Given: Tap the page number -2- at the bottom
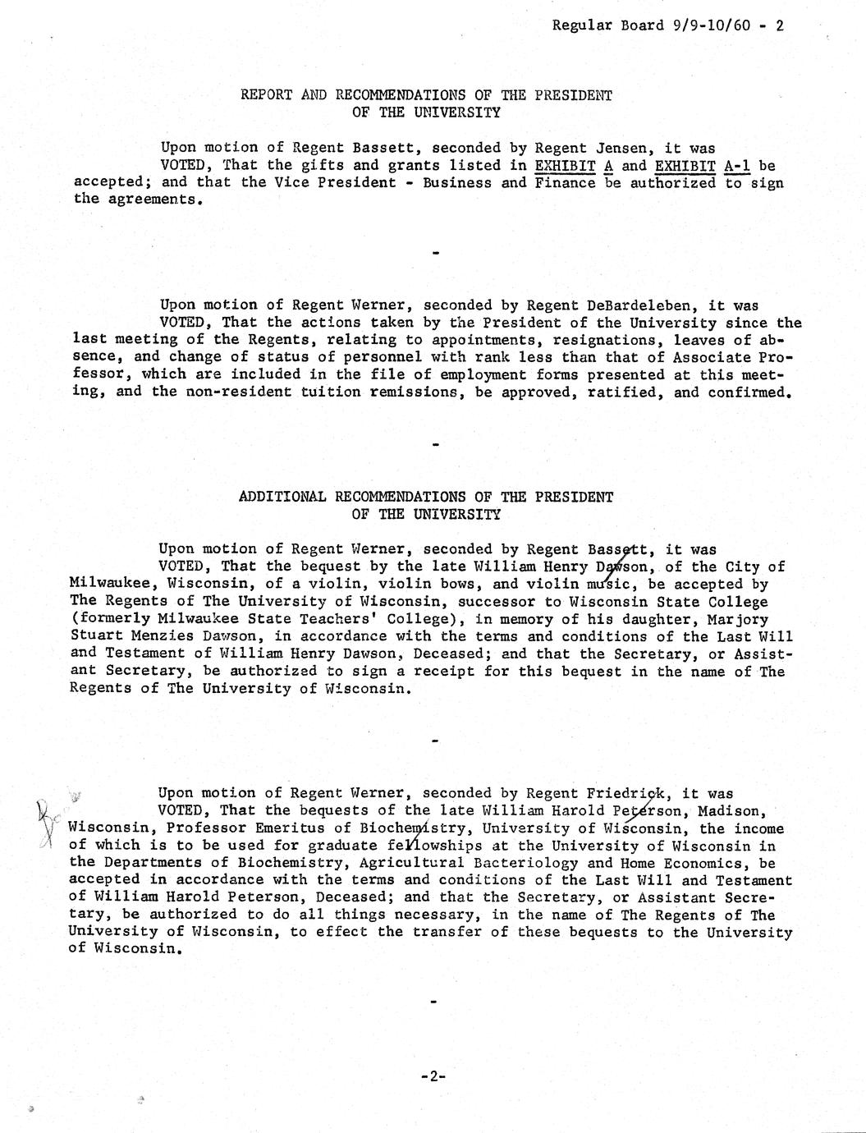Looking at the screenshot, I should coord(432,1076).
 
